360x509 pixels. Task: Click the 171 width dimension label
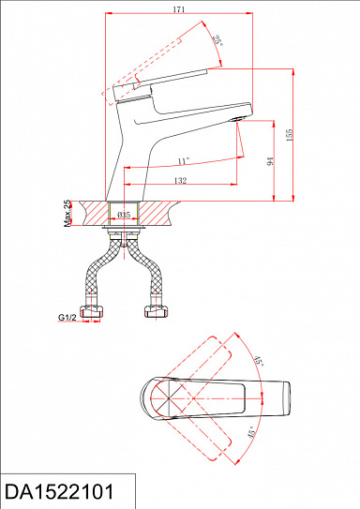pyautogui.click(x=179, y=9)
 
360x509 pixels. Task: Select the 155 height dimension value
pyautogui.click(x=289, y=135)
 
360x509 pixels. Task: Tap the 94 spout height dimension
pyautogui.click(x=270, y=161)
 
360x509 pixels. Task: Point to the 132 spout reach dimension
pyautogui.click(x=181, y=181)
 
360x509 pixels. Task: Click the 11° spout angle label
pyautogui.click(x=184, y=161)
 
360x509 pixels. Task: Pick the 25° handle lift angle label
pyautogui.click(x=217, y=40)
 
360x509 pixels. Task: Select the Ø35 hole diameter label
pyautogui.click(x=124, y=215)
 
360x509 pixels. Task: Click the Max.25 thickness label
pyautogui.click(x=67, y=214)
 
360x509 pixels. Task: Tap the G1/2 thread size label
pyautogui.click(x=67, y=317)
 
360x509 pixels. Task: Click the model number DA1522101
pyautogui.click(x=59, y=491)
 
